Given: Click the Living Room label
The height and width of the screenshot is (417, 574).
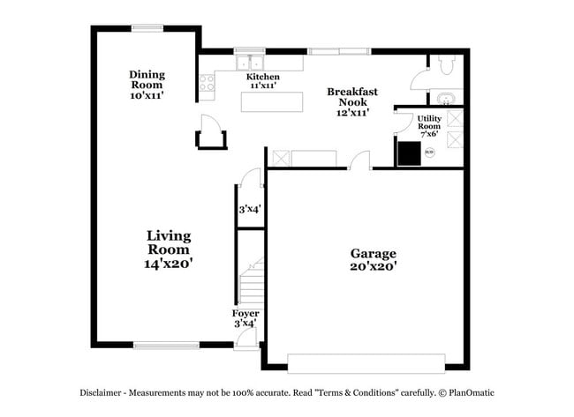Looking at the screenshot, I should click(169, 249).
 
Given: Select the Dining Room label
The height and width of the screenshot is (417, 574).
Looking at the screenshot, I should click(147, 84).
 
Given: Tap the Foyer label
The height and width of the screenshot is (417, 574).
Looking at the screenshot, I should click(245, 318).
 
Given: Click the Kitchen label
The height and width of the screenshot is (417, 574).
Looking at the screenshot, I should click(262, 82).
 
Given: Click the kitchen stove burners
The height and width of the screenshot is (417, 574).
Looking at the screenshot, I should click(207, 83).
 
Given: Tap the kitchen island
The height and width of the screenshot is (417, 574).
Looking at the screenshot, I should click(268, 103).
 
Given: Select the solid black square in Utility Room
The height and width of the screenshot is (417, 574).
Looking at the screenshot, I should click(409, 153).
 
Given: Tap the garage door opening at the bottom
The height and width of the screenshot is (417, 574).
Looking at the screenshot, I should click(366, 362).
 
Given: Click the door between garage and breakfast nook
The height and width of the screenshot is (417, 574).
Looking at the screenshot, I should click(359, 161).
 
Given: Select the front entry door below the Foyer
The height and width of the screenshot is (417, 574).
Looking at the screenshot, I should click(246, 339).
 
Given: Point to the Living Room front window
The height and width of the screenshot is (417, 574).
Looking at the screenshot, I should click(166, 344).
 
